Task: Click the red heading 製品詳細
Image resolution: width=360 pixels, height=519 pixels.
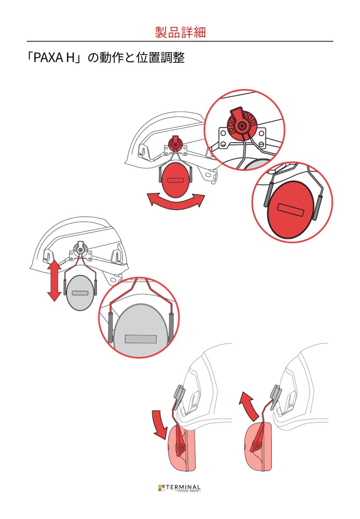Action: [x=180, y=32]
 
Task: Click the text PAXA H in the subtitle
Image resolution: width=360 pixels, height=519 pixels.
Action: [x=54, y=58]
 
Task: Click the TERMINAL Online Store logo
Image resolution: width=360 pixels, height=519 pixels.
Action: [x=179, y=488]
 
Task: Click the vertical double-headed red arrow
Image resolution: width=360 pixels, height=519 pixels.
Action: [x=54, y=281]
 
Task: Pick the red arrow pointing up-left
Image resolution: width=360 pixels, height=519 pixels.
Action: [x=248, y=406]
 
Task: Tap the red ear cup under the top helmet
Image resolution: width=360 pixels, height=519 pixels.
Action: [x=175, y=180]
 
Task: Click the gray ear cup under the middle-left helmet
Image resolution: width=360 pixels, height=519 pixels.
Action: [x=80, y=293]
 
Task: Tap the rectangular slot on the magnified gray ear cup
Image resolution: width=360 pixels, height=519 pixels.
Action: [x=140, y=339]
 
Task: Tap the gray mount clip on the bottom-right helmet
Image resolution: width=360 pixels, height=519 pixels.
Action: [x=276, y=397]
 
